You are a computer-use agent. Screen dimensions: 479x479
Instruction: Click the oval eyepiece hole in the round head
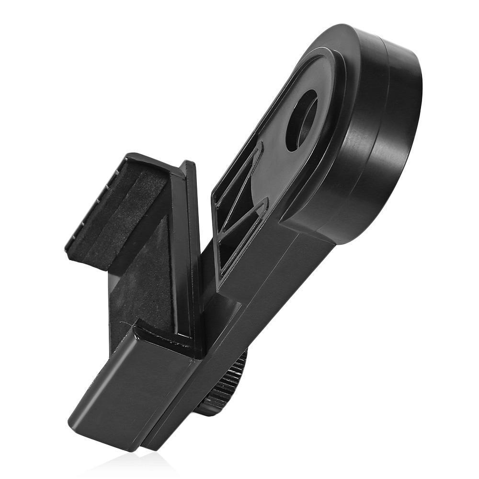pos(301,120)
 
